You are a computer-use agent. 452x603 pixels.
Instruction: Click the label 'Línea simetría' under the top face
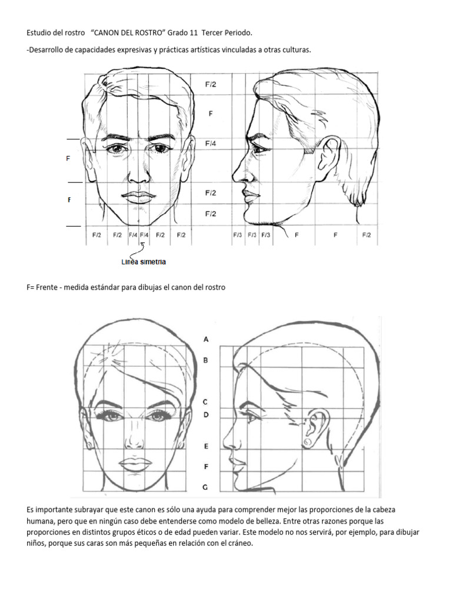pos(144,261)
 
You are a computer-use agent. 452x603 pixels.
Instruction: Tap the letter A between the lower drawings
pos(205,339)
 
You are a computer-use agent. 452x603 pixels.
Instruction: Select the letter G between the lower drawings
pos(205,487)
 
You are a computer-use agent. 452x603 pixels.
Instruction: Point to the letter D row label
pos(205,415)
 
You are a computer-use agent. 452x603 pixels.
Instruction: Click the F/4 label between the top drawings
pos(210,143)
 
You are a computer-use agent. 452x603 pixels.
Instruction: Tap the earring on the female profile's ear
pos(307,442)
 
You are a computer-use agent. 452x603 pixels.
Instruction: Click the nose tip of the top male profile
pos(234,176)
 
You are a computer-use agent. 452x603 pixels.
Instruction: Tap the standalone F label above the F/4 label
pos(210,114)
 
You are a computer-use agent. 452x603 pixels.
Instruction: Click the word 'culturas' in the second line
pos(294,50)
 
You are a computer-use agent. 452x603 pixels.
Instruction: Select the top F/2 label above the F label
pos(210,84)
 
